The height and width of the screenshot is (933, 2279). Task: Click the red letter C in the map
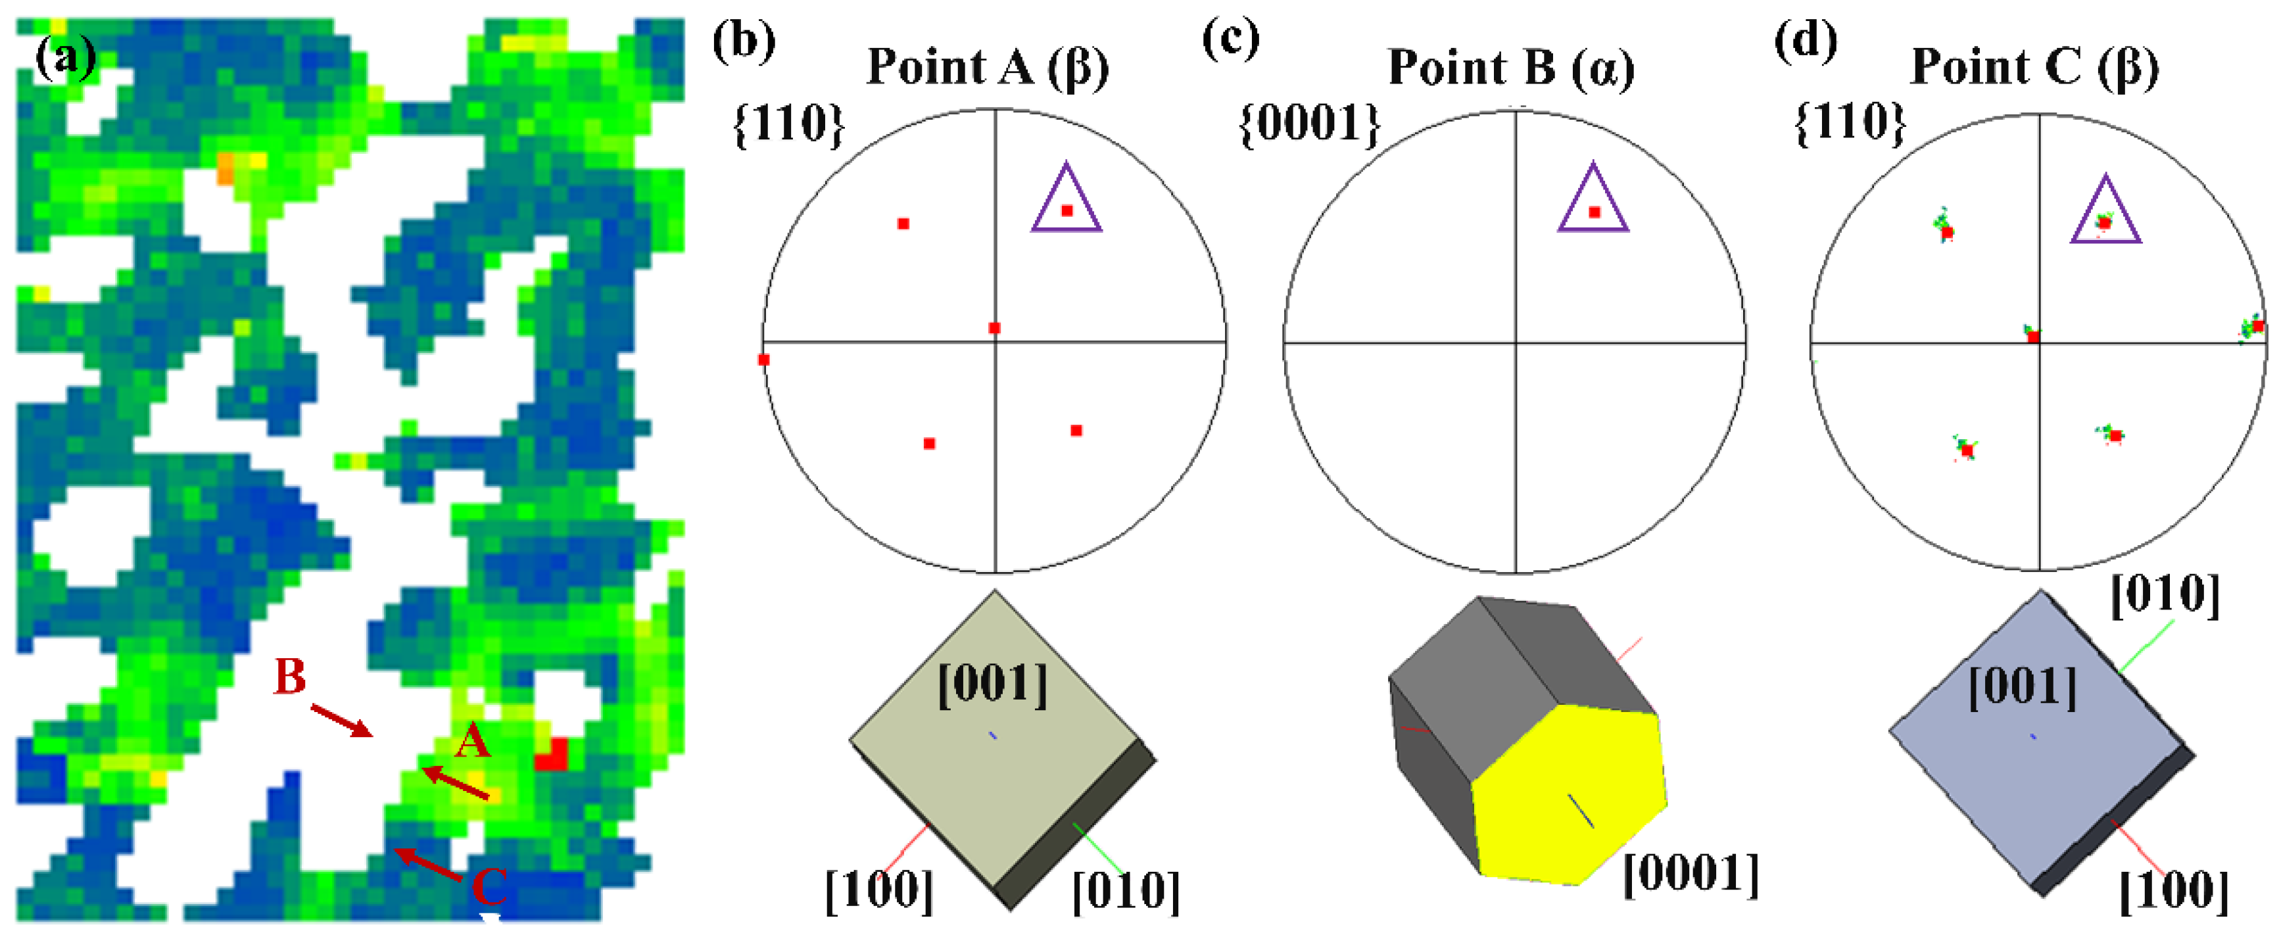click(x=489, y=884)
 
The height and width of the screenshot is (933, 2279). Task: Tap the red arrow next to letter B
click(x=341, y=720)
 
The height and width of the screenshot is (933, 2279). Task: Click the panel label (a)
click(x=64, y=59)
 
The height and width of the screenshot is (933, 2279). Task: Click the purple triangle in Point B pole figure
click(x=1593, y=202)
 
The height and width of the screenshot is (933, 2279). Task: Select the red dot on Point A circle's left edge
click(x=763, y=360)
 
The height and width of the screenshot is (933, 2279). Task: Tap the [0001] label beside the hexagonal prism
click(x=1691, y=874)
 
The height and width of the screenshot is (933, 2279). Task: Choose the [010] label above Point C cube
click(x=2165, y=595)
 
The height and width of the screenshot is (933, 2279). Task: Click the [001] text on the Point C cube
click(x=2023, y=687)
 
